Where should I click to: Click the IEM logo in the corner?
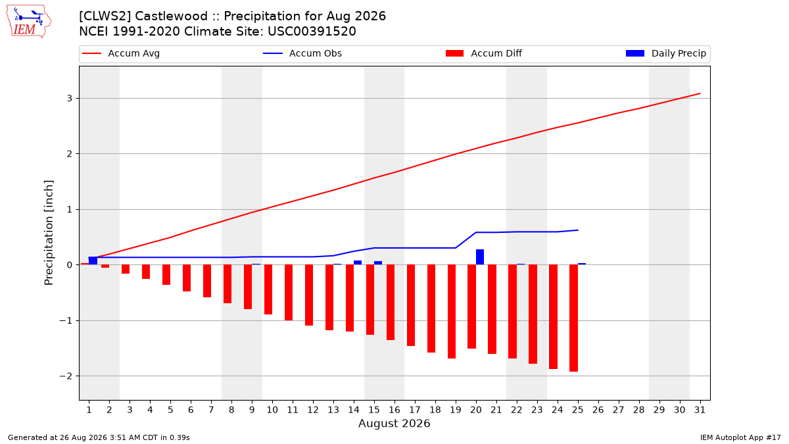pos(29,21)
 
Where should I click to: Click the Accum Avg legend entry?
pos(121,53)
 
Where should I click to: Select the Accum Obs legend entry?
pos(302,53)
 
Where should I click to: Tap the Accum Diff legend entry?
pos(484,53)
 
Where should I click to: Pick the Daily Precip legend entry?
pos(665,53)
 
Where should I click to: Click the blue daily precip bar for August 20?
pos(480,257)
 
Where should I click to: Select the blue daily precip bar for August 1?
pos(93,260)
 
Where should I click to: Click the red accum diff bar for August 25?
pos(573,318)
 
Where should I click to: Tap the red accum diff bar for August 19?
pos(452,312)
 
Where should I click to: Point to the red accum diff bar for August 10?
pos(268,289)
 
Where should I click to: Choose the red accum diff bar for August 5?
pos(166,274)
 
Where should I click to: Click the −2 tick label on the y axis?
pos(66,376)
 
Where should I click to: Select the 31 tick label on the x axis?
pos(700,410)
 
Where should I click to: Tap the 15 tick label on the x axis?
pos(374,410)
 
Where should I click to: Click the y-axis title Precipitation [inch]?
pos(49,233)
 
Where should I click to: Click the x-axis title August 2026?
pos(394,423)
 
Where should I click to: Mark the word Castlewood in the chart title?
pos(171,16)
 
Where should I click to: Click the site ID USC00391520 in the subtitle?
pos(312,32)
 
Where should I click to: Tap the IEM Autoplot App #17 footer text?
pos(740,437)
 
